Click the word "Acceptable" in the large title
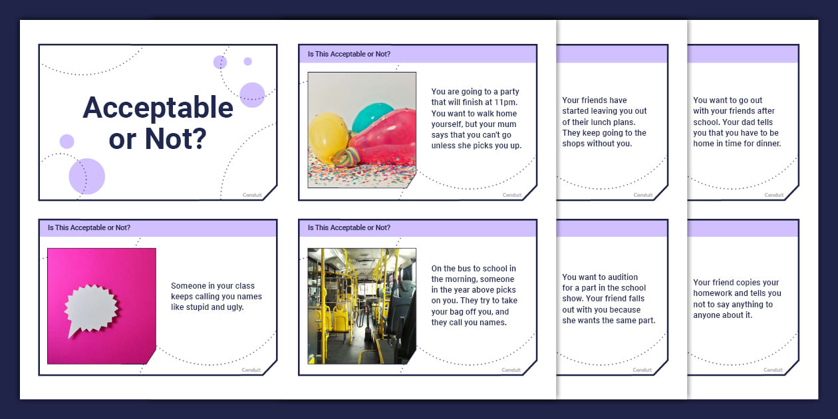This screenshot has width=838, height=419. (x=158, y=108)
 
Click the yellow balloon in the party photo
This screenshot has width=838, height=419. (x=328, y=137)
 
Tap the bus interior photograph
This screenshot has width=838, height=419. (x=362, y=306)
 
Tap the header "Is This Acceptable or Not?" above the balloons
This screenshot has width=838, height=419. (x=349, y=54)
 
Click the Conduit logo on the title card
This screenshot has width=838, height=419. (x=251, y=195)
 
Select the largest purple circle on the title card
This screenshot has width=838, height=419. (x=87, y=176)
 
